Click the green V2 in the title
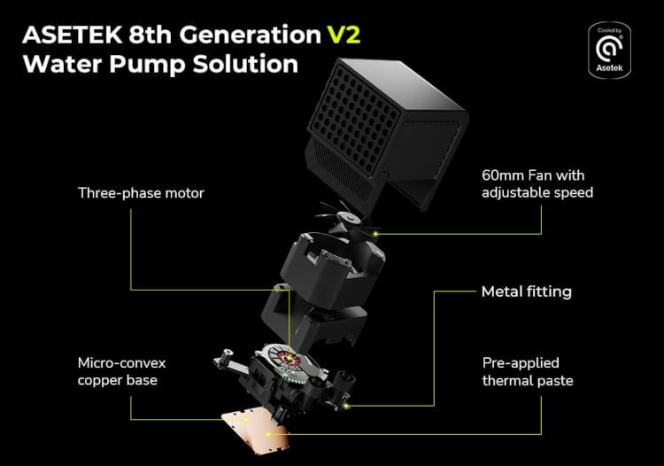[344, 35]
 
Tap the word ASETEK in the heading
[73, 35]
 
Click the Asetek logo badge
[609, 50]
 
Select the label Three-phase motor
[141, 193]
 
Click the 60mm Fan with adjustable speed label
[537, 184]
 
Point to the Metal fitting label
[527, 291]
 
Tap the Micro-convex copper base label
[121, 371]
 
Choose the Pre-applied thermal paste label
[528, 371]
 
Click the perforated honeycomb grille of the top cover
[354, 120]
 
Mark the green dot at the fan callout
[374, 233]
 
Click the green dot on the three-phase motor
[290, 358]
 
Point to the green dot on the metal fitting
[346, 406]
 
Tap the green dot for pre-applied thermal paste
[268, 434]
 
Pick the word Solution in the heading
[245, 64]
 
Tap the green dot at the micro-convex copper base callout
[244, 419]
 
